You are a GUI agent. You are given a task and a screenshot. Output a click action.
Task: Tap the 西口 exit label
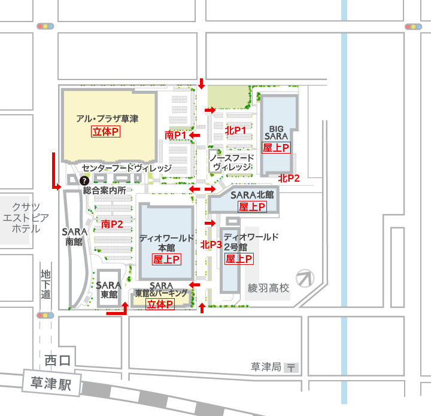pos(57,360)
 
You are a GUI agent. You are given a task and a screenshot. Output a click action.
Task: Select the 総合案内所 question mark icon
pos(84,180)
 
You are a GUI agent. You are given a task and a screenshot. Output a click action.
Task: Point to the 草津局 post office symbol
pos(292,368)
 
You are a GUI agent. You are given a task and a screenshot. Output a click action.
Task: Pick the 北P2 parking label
pos(289,178)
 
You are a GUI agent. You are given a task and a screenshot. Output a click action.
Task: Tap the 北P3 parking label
pos(211,244)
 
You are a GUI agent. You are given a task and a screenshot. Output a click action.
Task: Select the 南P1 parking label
pos(177,136)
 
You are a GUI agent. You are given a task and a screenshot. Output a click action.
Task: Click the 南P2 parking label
pos(112,224)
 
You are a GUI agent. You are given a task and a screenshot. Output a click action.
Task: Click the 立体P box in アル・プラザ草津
pos(105,131)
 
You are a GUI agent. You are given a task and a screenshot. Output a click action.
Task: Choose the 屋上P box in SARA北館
pos(252,207)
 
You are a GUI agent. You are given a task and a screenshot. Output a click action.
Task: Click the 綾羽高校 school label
pos(268,288)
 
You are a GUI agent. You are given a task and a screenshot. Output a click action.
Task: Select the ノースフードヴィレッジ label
pos(232,162)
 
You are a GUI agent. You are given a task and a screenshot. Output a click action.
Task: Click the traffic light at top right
pos(413,26)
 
